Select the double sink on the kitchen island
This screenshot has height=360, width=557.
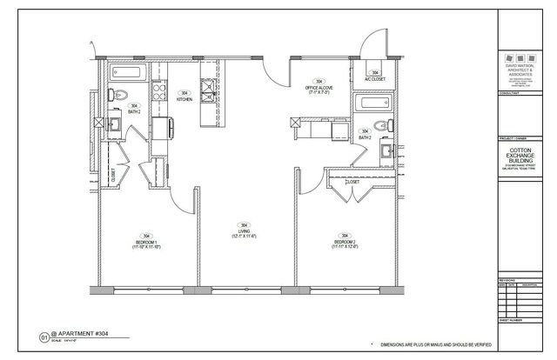(208, 90)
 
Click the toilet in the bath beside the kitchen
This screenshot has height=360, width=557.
(123, 95)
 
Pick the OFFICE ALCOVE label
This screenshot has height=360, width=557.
(315, 89)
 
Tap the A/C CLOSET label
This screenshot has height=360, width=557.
(376, 76)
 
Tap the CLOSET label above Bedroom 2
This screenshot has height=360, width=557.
(352, 183)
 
